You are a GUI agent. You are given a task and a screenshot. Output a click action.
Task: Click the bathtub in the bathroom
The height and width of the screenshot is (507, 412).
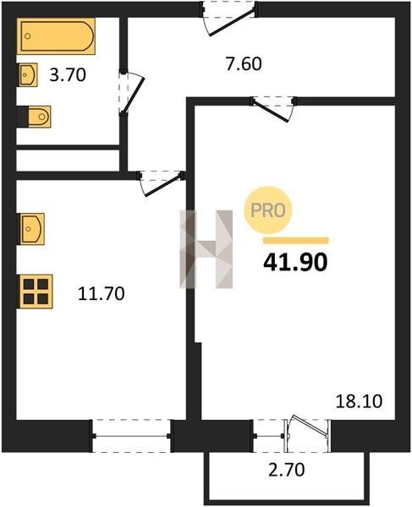click(57, 35)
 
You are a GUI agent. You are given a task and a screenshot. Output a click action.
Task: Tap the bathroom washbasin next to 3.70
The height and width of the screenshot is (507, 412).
click(27, 74)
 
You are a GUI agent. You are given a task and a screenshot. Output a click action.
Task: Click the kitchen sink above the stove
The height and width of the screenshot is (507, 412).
click(31, 229)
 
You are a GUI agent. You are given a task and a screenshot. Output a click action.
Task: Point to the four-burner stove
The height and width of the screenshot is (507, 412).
click(36, 292)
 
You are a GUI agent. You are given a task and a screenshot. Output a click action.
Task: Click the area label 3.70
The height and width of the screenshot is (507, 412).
click(68, 75)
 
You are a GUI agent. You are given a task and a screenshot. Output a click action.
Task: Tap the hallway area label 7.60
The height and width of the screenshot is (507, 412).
click(244, 63)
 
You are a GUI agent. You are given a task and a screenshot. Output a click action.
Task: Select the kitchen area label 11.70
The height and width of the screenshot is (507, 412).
click(102, 293)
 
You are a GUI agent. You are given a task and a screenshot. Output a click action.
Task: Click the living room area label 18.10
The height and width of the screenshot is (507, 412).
click(359, 401)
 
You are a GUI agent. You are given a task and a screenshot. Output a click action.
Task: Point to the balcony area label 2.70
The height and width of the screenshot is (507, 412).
click(287, 470)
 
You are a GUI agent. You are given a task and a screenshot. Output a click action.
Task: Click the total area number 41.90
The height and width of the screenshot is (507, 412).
click(295, 262)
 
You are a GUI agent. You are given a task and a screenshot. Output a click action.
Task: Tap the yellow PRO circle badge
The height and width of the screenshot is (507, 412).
click(268, 210)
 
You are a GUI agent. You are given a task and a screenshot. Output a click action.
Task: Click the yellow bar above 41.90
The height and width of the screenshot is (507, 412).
click(296, 240)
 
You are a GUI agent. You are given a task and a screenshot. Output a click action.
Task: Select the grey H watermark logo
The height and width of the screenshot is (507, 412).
click(206, 249)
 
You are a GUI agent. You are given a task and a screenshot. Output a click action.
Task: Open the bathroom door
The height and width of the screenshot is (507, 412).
click(131, 92)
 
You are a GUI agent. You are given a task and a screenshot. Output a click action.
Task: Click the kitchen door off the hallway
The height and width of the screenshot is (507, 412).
click(161, 183)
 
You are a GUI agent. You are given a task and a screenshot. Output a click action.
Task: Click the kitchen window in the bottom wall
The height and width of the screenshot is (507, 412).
click(131, 436)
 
